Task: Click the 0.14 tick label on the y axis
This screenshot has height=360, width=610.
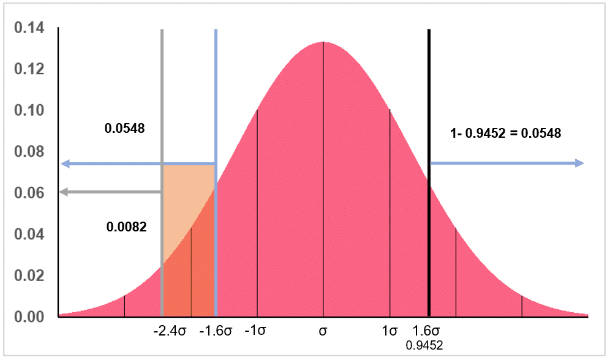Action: tap(29, 28)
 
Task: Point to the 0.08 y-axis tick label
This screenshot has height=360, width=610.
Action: tap(29, 152)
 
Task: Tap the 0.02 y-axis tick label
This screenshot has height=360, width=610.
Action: tap(29, 276)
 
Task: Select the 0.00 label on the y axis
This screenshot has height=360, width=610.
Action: tap(29, 317)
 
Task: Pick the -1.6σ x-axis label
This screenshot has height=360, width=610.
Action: tap(216, 332)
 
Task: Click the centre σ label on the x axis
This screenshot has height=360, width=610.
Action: tap(323, 332)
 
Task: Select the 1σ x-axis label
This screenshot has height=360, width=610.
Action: tap(390, 332)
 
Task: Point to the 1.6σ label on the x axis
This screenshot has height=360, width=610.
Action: tap(428, 332)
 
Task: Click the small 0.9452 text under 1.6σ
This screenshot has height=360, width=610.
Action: tap(428, 346)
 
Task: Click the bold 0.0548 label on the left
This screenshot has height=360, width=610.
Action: tap(124, 129)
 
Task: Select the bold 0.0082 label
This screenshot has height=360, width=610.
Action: tap(126, 227)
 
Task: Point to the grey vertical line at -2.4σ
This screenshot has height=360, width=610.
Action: tap(162, 92)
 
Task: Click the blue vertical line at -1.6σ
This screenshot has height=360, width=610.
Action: tap(216, 92)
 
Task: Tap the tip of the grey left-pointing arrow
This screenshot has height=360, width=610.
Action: tap(61, 192)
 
